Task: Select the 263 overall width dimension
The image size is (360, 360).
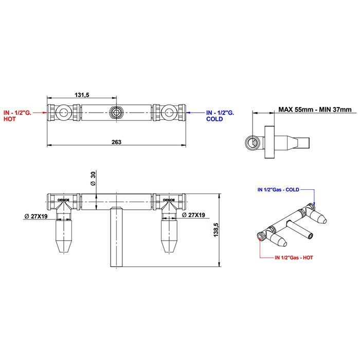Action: click(x=116, y=142)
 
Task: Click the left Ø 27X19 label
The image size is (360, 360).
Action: click(x=36, y=215)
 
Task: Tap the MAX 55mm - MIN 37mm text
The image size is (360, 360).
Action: click(x=315, y=109)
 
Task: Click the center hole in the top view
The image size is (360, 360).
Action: click(x=117, y=112)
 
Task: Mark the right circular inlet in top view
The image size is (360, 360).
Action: click(x=168, y=112)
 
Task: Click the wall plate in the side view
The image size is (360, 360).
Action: click(x=267, y=141)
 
